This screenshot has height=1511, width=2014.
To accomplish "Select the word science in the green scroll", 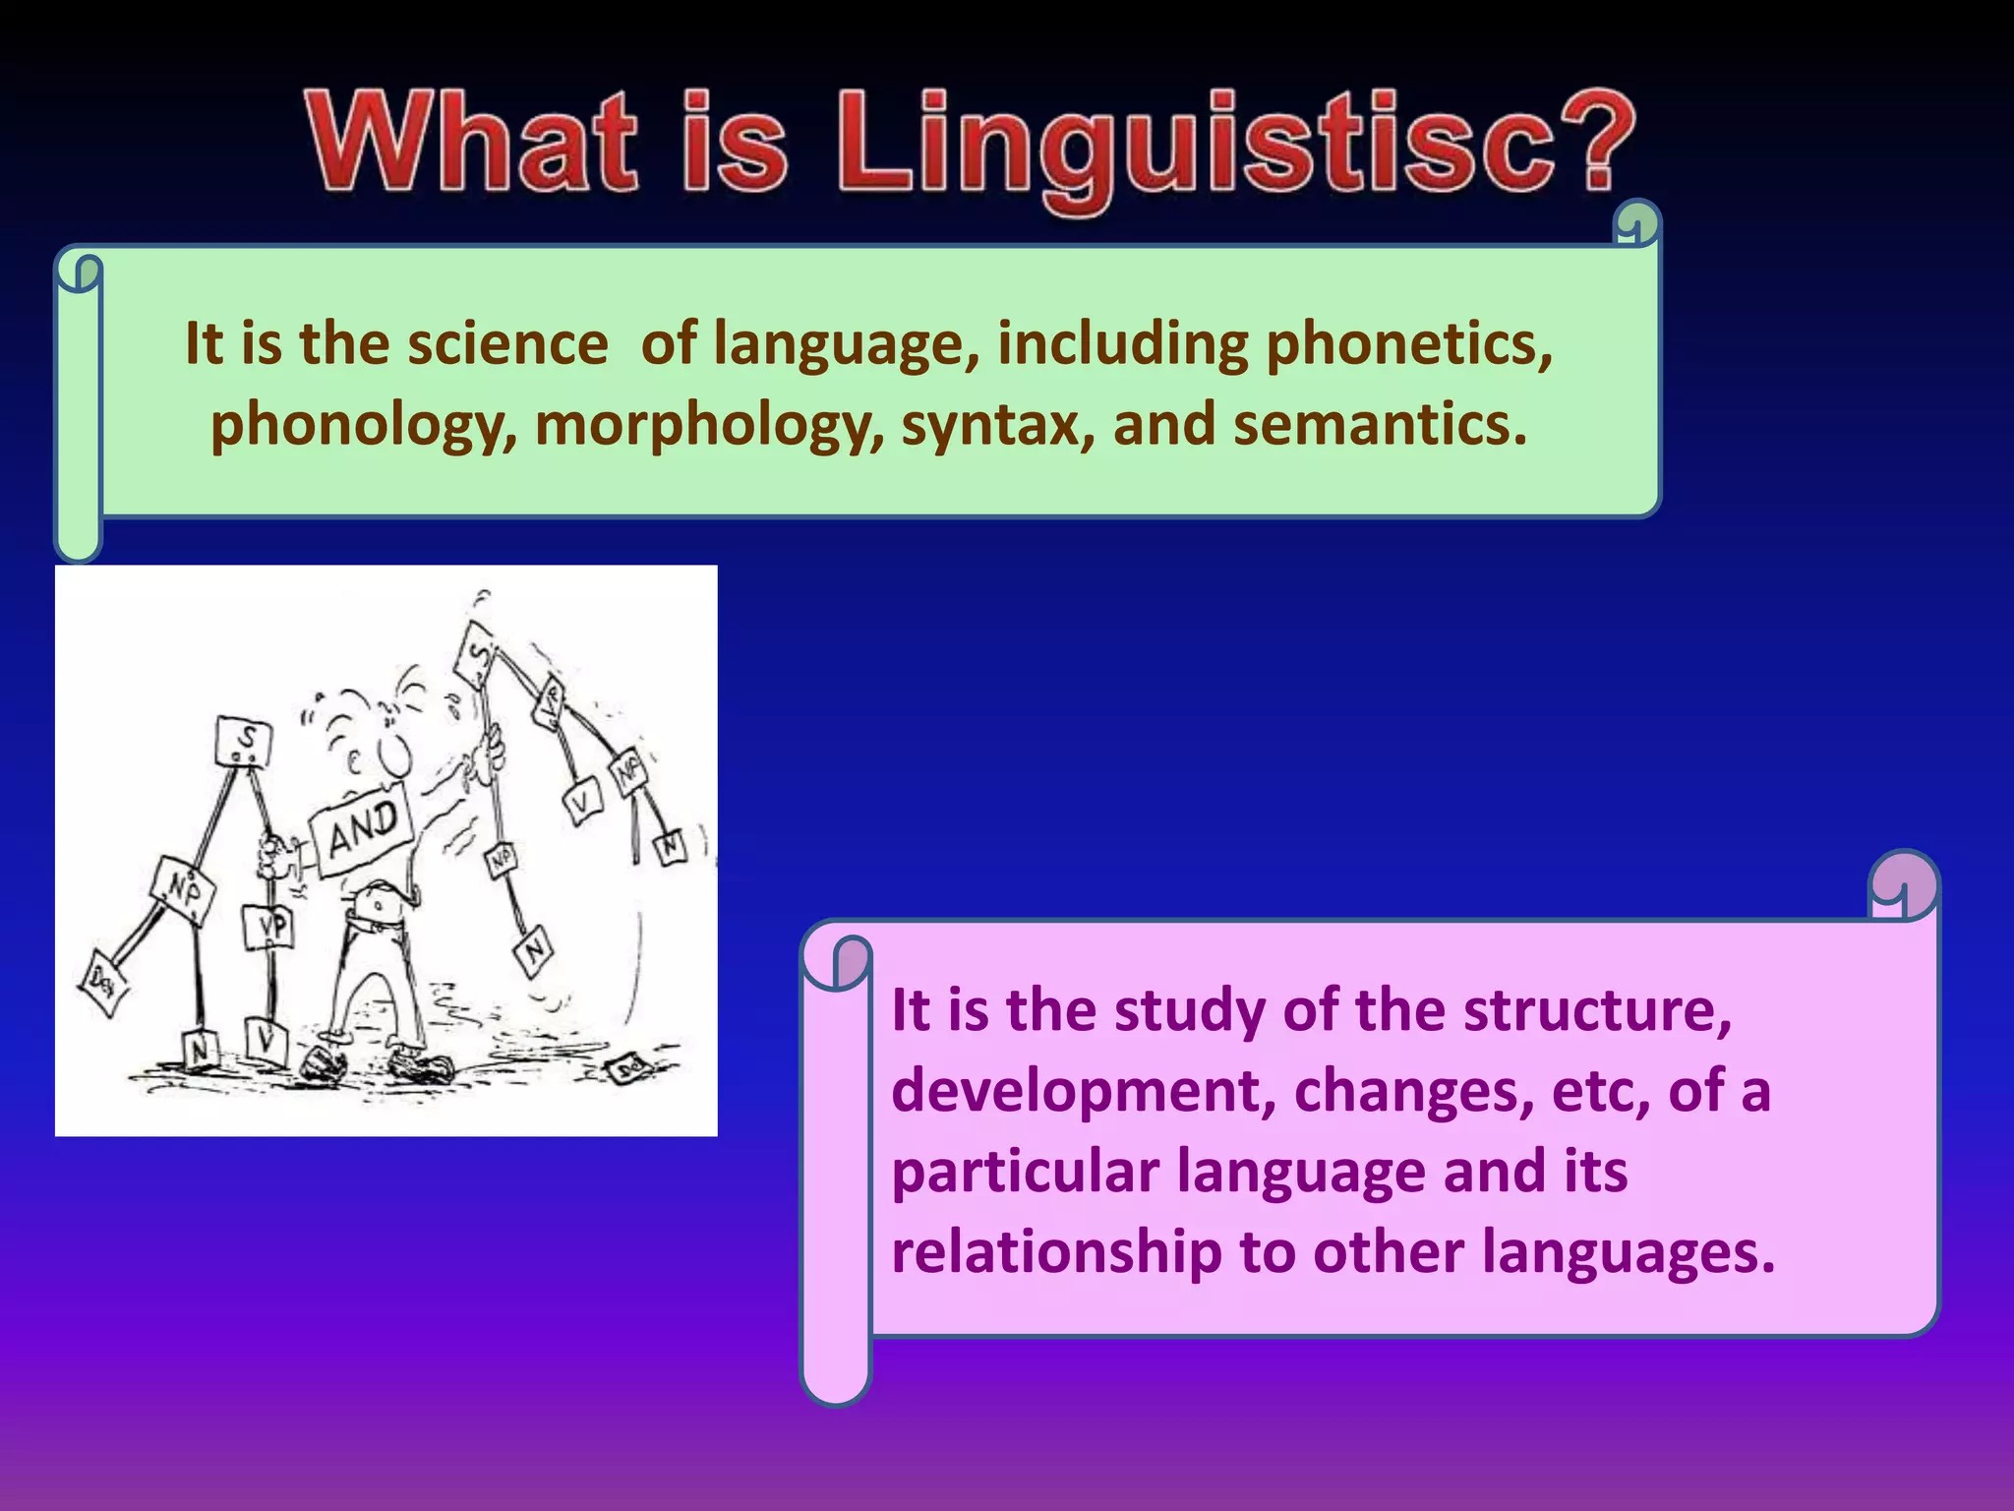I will coord(507,344).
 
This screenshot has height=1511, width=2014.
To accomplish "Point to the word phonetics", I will coord(1408,344).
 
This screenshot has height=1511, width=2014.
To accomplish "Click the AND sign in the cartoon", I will coord(361,826).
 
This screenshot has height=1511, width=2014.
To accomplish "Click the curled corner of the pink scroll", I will coord(1904,885).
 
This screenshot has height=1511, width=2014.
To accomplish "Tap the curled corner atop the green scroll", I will coord(1636,223).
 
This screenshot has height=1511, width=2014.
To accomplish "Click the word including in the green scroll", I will coord(1122,344).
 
